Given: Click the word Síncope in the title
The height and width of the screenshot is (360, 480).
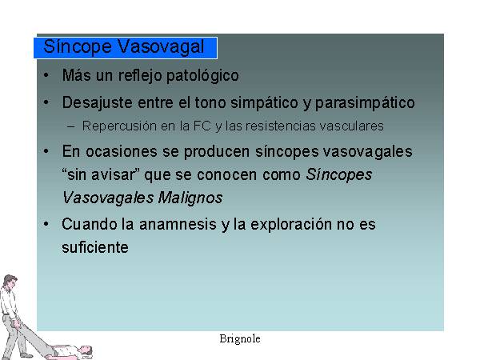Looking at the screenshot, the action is (x=78, y=47).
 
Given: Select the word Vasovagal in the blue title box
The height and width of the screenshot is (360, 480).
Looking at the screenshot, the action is (x=161, y=47).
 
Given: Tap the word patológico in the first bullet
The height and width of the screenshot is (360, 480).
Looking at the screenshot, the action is (x=202, y=76).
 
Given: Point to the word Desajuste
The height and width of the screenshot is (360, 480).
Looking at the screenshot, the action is (x=98, y=103).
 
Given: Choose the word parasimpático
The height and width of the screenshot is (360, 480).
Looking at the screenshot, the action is (x=365, y=103).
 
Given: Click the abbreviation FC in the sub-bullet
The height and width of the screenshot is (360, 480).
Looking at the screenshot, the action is (x=202, y=126).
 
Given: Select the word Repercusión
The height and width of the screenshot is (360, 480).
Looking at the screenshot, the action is (x=119, y=126).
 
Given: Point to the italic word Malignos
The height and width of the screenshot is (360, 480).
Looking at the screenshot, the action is (x=190, y=198).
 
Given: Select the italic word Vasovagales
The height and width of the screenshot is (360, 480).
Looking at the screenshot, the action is (x=108, y=198).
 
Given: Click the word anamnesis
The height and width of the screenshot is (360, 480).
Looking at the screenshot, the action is (x=178, y=224).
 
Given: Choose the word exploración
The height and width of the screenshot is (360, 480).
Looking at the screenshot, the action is (x=291, y=225).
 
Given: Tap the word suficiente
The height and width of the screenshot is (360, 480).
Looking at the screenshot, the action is (x=95, y=247).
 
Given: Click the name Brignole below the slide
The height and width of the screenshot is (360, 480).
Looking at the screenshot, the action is (x=240, y=339).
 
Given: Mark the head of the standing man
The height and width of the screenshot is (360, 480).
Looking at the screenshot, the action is (x=10, y=281).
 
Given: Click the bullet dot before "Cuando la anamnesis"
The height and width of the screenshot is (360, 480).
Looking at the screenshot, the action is (x=46, y=224).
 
